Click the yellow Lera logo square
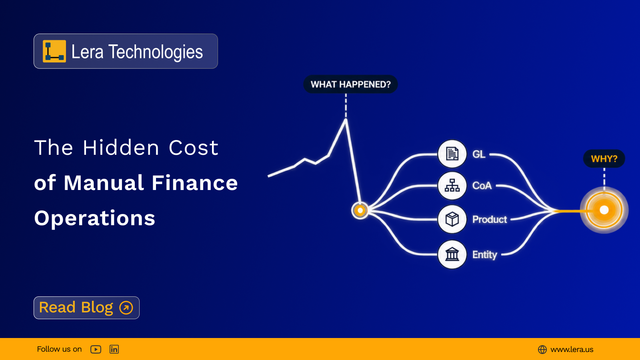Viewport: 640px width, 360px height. [54, 51]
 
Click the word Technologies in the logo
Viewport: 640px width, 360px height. [156, 52]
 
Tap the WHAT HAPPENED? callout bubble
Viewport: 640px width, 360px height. [350, 84]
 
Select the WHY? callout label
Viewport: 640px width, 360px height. [604, 158]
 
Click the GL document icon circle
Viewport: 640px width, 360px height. [452, 154]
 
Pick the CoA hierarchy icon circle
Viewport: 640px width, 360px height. [452, 186]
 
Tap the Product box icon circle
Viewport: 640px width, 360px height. [452, 219]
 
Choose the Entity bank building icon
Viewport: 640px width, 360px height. [452, 254]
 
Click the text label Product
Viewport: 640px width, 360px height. [490, 220]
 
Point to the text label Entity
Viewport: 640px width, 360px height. [484, 254]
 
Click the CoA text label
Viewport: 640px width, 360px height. [482, 186]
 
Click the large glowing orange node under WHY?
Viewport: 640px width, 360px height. [604, 210]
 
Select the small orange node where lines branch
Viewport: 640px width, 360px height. [360, 210]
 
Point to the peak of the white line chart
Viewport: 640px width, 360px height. [346, 120]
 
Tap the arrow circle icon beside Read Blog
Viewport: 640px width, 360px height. [126, 308]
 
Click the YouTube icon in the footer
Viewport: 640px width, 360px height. [96, 349]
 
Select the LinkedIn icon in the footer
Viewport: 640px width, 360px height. [114, 349]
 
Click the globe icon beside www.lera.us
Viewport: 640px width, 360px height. [542, 350]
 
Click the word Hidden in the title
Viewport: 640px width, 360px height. [120, 148]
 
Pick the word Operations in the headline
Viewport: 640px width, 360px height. [94, 218]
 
